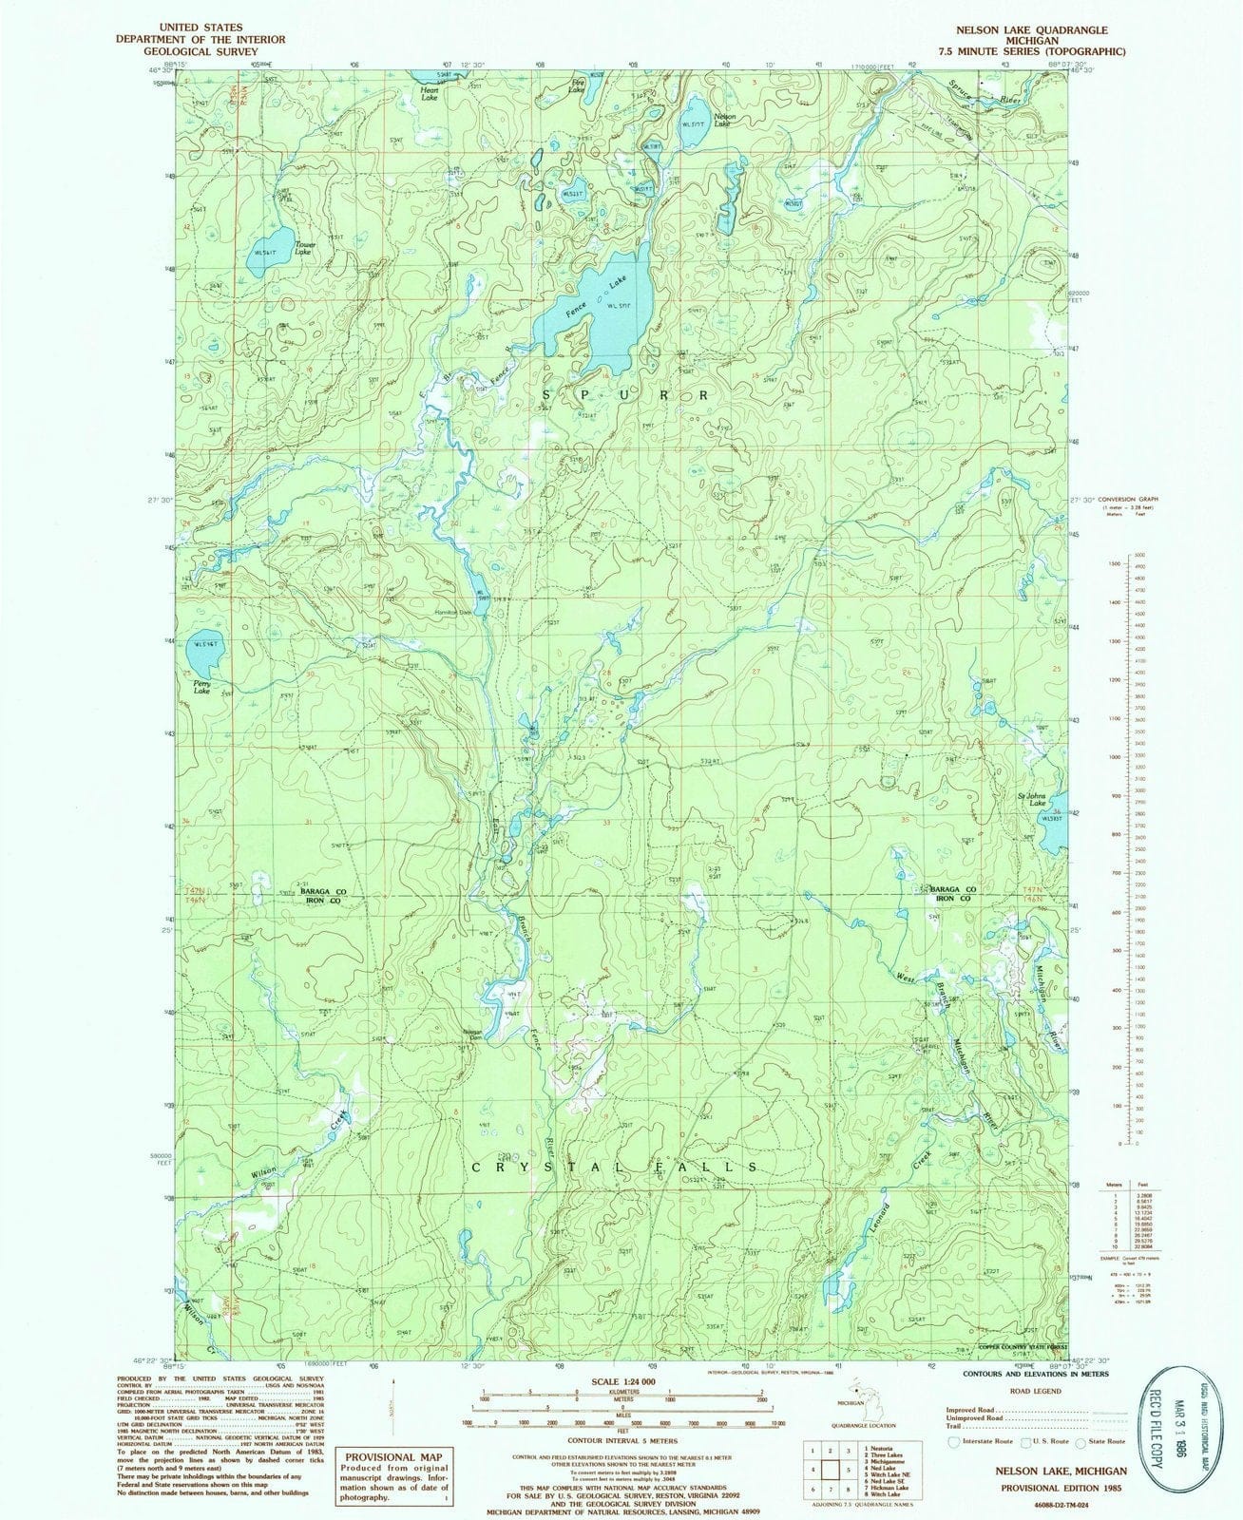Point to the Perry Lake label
pyautogui.click(x=201, y=687)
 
